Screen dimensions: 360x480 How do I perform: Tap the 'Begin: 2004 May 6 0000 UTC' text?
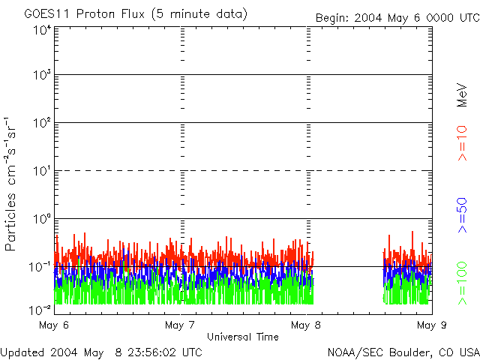click(396, 17)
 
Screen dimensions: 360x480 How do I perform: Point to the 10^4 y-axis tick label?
click(41, 31)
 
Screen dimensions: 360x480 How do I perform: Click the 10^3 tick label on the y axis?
click(41, 76)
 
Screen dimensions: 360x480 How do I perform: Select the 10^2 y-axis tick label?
click(41, 124)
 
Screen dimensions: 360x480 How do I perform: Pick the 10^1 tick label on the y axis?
click(41, 172)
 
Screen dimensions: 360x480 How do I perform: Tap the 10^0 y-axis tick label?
click(41, 220)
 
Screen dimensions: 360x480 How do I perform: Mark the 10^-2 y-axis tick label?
click(41, 309)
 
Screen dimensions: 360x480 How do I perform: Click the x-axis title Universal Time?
click(242, 337)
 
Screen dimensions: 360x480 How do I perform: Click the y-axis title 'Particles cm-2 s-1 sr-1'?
click(12, 183)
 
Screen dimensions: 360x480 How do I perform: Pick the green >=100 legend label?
click(463, 282)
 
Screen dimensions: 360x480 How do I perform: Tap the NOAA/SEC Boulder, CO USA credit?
click(403, 352)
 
